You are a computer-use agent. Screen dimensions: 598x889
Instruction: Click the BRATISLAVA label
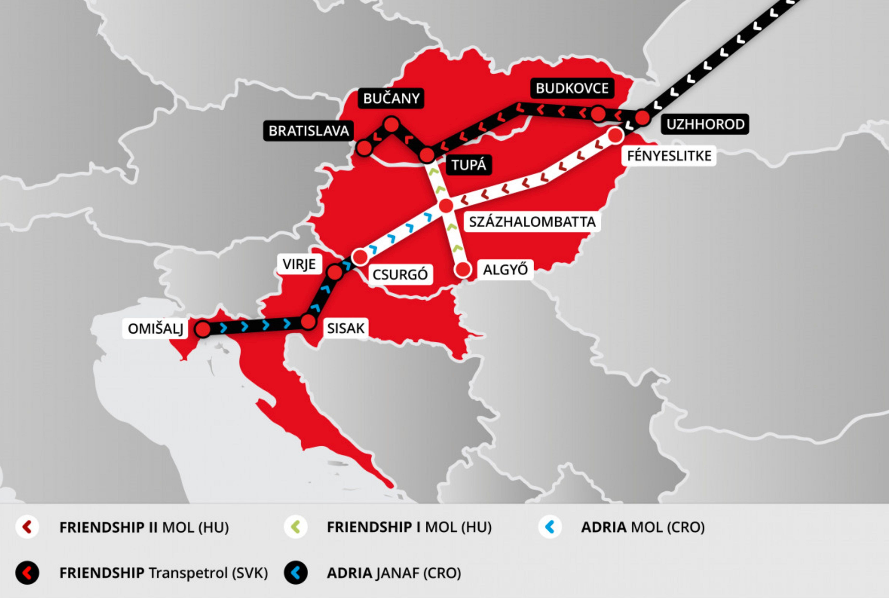pos(308,131)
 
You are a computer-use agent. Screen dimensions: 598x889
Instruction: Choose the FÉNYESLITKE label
pos(669,156)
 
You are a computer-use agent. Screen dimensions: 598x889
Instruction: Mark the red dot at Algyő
pos(463,269)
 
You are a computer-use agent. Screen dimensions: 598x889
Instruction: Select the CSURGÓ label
pos(400,274)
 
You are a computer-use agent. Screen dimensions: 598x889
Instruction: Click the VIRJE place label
pos(299,264)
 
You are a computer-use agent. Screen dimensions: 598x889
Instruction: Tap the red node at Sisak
pos(308,322)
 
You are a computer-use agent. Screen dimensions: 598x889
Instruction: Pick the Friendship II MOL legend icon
pos(27,527)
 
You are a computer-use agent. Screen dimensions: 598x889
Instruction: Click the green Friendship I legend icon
pos(296,527)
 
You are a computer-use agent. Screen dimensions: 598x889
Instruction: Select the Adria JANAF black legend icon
pos(296,573)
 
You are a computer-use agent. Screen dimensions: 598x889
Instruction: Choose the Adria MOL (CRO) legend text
pos(642,527)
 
